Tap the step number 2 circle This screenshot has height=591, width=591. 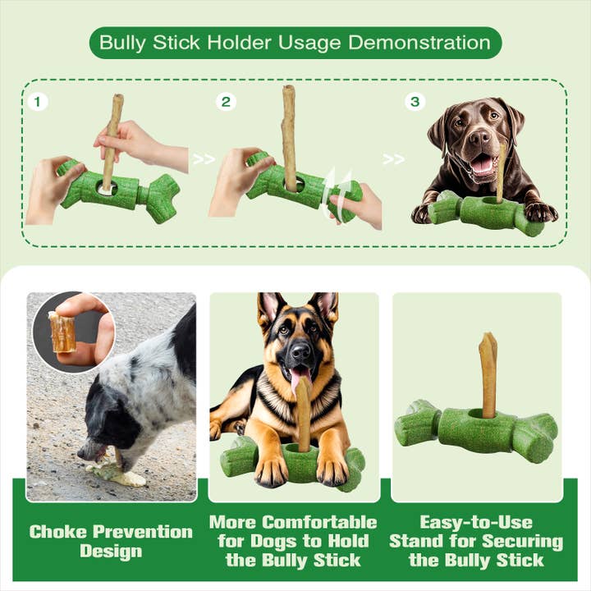[227, 103]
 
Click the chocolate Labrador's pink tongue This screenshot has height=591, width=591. [482, 165]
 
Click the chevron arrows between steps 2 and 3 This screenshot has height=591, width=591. [394, 159]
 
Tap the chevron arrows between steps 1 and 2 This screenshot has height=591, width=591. [204, 159]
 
